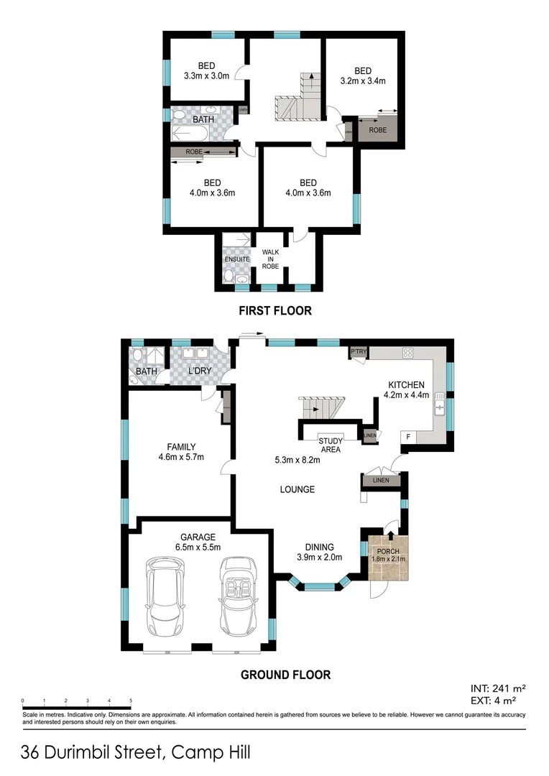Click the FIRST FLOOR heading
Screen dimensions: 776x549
pyautogui.click(x=275, y=311)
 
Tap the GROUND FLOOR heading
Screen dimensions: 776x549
pyautogui.click(x=285, y=675)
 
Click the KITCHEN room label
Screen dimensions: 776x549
pyautogui.click(x=406, y=384)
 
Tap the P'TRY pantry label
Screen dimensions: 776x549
pyautogui.click(x=358, y=351)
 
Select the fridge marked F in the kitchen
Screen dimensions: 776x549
pyautogui.click(x=408, y=436)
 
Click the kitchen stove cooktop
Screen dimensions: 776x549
pyautogui.click(x=407, y=353)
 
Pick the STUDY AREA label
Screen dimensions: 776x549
pyautogui.click(x=331, y=445)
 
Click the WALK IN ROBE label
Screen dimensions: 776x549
pyautogui.click(x=270, y=259)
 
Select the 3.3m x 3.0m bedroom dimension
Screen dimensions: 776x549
pyautogui.click(x=206, y=75)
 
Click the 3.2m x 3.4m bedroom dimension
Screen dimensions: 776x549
pyautogui.click(x=362, y=81)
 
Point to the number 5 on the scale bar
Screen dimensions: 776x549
pyautogui.click(x=131, y=700)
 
